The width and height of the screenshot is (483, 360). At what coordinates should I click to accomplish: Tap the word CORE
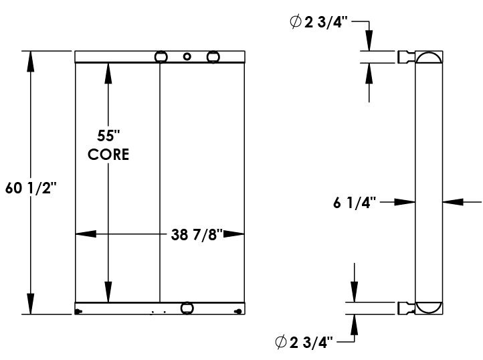pos(108,154)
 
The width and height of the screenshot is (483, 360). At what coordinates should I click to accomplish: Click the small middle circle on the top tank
pos(188,57)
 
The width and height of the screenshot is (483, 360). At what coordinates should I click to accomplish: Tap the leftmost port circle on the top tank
pos(161,58)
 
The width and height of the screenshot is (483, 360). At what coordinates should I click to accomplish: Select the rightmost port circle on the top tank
pos(213,58)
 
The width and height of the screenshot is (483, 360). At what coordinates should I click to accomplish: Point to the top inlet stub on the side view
pos(407,57)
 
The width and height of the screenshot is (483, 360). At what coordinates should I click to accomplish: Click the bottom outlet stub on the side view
pos(407,308)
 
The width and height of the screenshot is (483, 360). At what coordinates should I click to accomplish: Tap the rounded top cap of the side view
pos(428,58)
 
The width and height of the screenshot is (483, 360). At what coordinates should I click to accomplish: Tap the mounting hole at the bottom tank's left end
pos(79,310)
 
